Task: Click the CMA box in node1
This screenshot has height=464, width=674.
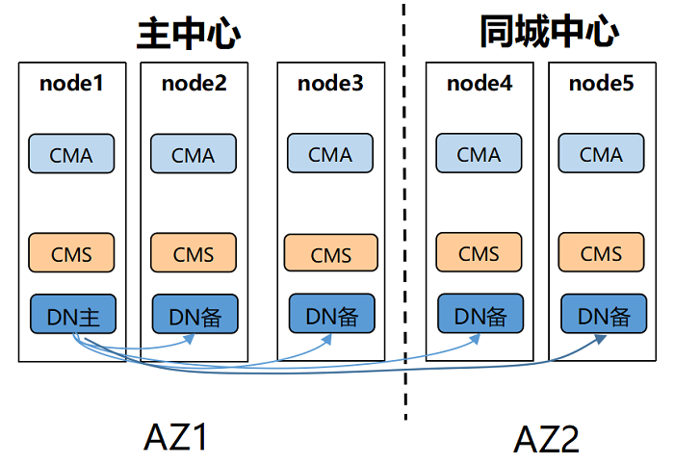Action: pyautogui.click(x=71, y=154)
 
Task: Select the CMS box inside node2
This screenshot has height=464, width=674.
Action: pyautogui.click(x=194, y=252)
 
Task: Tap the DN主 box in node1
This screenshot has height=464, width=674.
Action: pyautogui.click(x=73, y=314)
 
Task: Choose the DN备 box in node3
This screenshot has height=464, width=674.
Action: pyautogui.click(x=332, y=314)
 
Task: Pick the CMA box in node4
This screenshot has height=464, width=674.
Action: pyautogui.click(x=479, y=153)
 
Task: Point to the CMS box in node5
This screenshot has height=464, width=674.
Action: pyautogui.click(x=602, y=252)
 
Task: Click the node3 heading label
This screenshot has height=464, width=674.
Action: pyautogui.click(x=330, y=84)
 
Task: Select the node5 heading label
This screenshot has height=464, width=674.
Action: pyautogui.click(x=602, y=84)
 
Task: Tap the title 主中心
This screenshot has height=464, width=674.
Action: pyautogui.click(x=189, y=34)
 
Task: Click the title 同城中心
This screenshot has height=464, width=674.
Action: pyautogui.click(x=550, y=31)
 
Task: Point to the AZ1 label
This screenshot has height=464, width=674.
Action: pyautogui.click(x=175, y=437)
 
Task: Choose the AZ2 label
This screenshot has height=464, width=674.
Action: pyautogui.click(x=546, y=439)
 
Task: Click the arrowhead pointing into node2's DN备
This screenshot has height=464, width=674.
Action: pyautogui.click(x=190, y=339)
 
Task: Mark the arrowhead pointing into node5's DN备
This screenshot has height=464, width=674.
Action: pyautogui.click(x=601, y=340)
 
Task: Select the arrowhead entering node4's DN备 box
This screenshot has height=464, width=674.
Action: pyautogui.click(x=475, y=339)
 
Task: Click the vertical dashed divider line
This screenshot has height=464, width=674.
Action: pyautogui.click(x=404, y=212)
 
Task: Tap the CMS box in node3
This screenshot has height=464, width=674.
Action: pyautogui.click(x=331, y=253)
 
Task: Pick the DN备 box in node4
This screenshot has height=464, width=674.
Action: pyautogui.click(x=480, y=314)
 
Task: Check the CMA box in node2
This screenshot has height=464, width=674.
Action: pyautogui.click(x=194, y=154)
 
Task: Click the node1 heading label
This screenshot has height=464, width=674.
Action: pyautogui.click(x=71, y=84)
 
